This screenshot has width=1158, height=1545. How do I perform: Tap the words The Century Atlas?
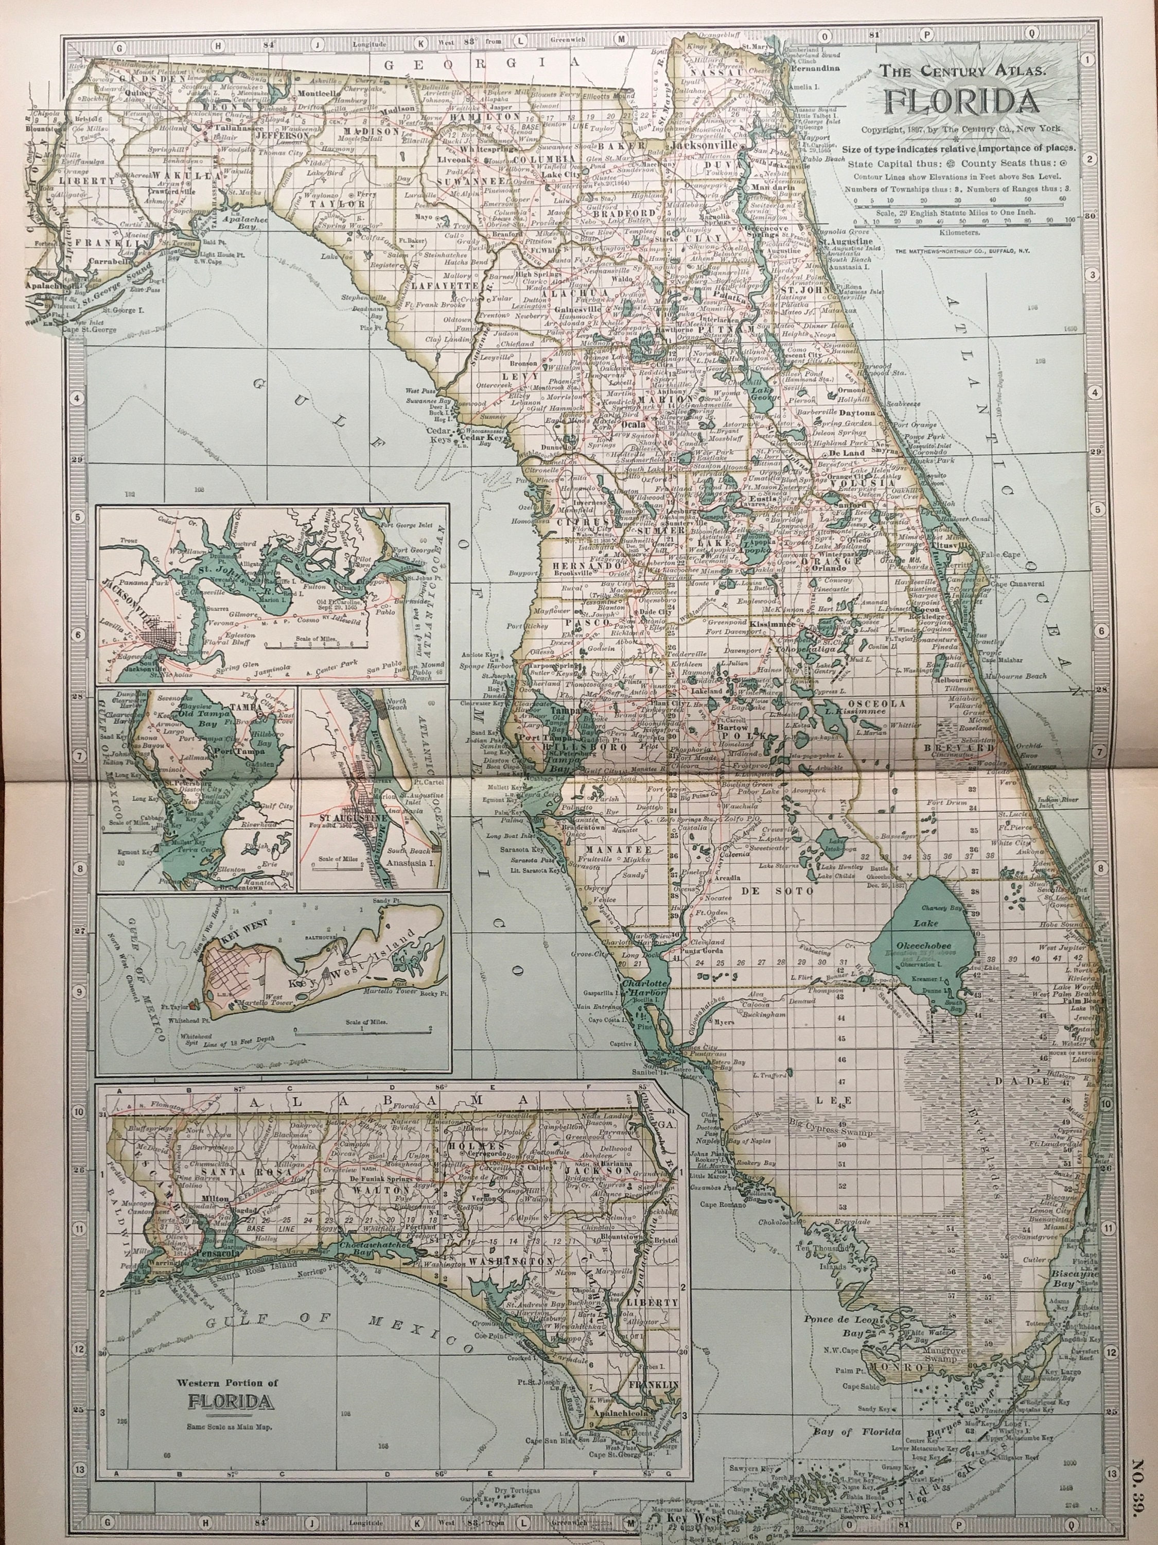tap(962, 70)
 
